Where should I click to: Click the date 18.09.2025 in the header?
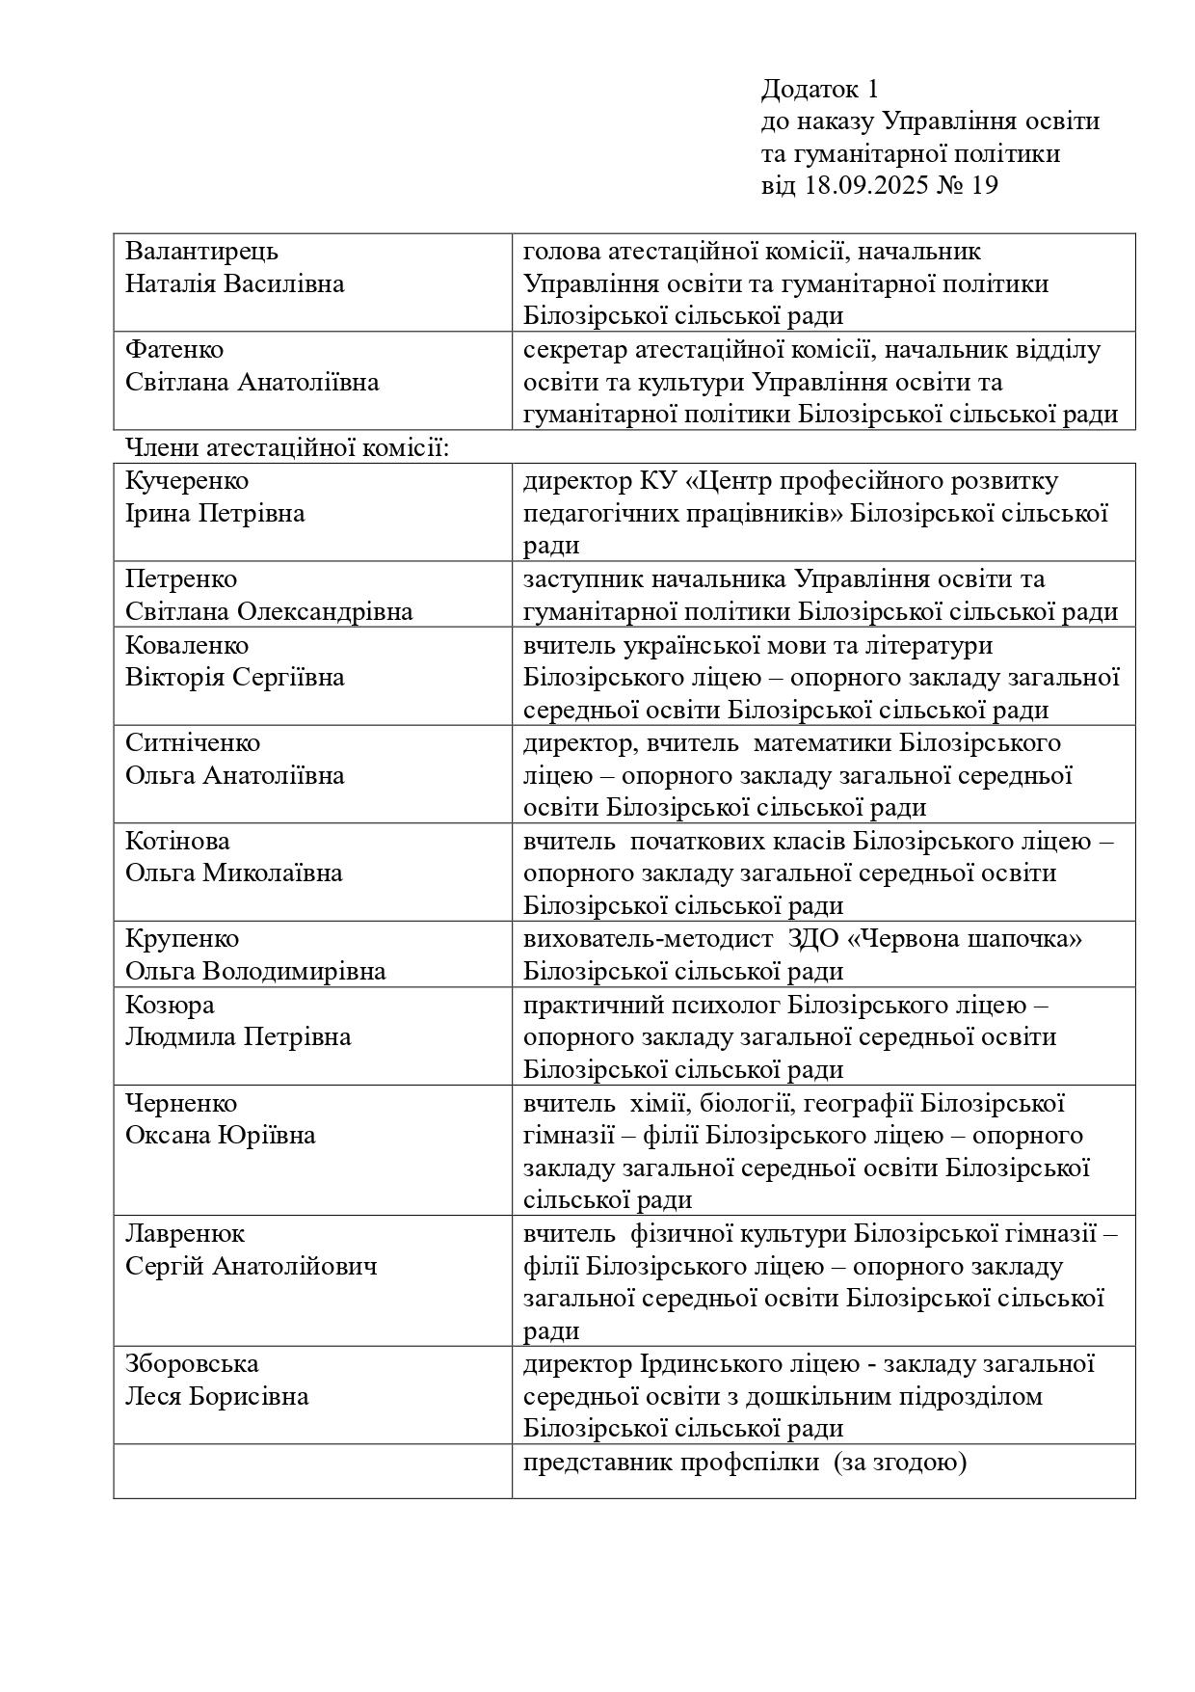point(864,185)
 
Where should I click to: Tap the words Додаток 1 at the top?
point(819,90)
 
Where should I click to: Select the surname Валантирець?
point(201,252)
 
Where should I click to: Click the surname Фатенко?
point(174,350)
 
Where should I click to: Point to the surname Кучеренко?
point(187,481)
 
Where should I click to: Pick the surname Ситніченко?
point(193,743)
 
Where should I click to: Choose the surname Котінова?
point(178,842)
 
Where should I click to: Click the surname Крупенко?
point(182,939)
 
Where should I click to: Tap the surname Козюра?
point(170,1006)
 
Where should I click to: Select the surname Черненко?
point(181,1104)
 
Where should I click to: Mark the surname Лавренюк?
point(185,1234)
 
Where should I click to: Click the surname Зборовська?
point(192,1365)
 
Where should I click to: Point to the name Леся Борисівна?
point(217,1397)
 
